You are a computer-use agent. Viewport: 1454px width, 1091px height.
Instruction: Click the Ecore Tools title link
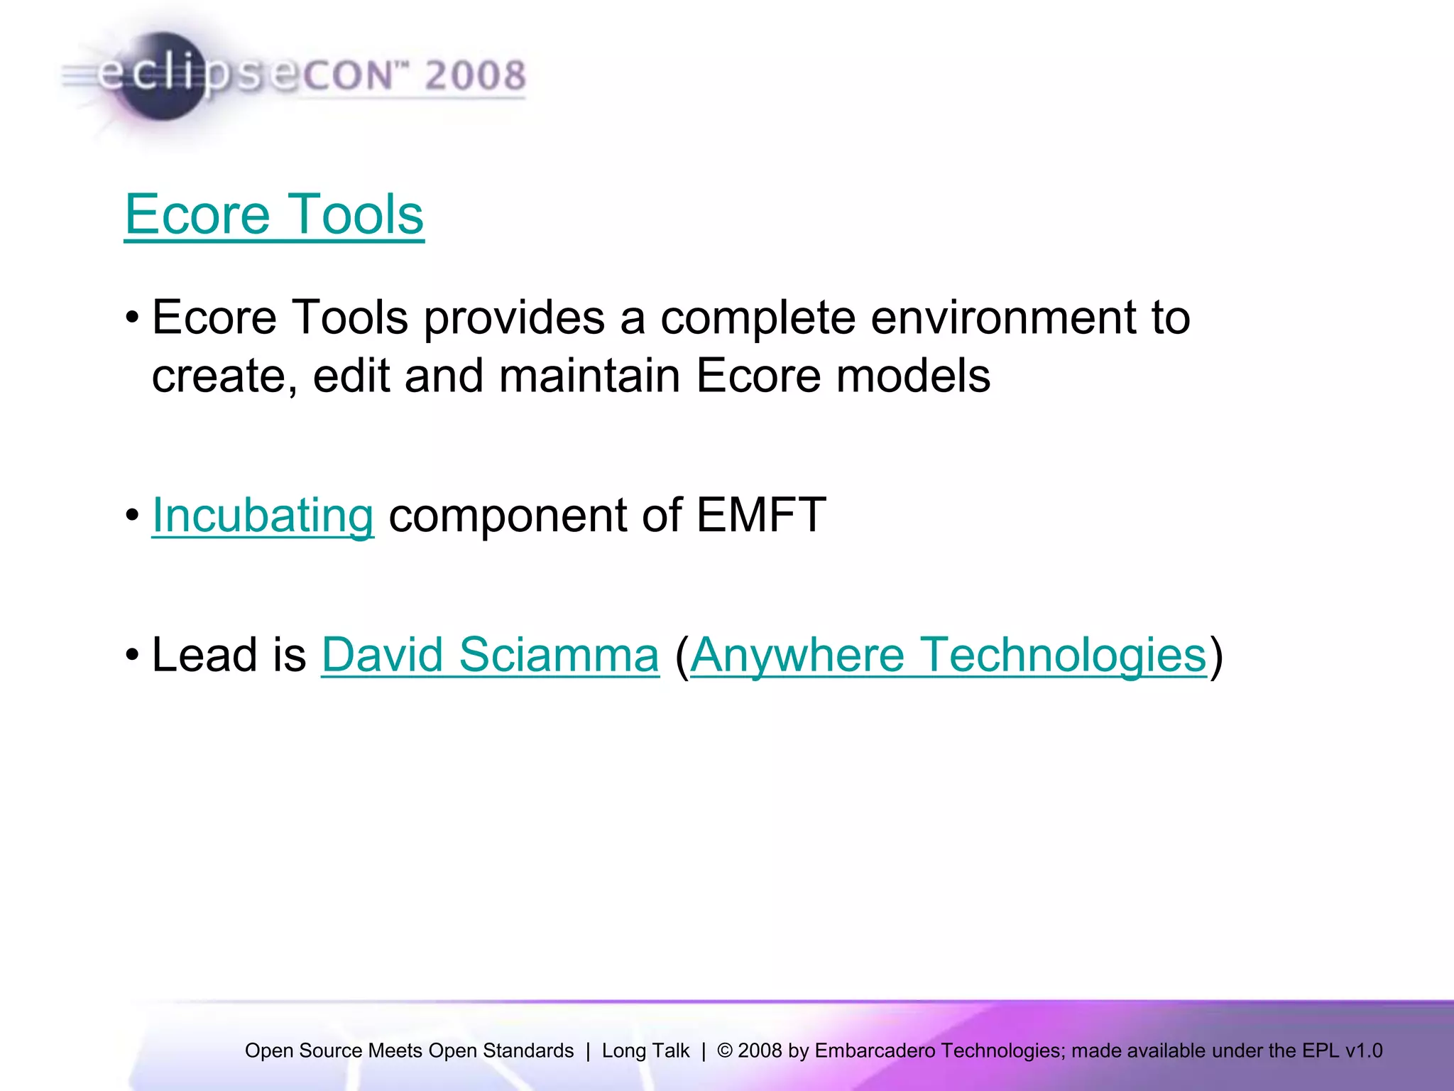coord(274,215)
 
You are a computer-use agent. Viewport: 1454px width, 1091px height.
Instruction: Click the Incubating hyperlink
coord(263,515)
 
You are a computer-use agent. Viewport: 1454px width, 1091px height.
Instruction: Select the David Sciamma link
coord(490,654)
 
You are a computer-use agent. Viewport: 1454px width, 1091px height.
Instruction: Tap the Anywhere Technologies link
coord(948,654)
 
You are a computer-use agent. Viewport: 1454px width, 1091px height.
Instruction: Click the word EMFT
coord(760,515)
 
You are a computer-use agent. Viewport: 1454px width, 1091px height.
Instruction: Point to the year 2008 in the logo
coord(475,75)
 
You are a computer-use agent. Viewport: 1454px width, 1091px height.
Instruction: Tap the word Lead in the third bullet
coord(204,654)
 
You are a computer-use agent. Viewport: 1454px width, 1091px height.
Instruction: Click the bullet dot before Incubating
coord(132,516)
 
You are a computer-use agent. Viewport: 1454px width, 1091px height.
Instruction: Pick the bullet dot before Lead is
coord(132,655)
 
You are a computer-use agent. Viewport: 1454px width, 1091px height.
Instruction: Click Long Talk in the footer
coord(645,1051)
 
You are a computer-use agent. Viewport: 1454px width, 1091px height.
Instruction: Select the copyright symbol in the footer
coord(724,1051)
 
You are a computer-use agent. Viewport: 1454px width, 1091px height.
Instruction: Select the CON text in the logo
coord(348,76)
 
